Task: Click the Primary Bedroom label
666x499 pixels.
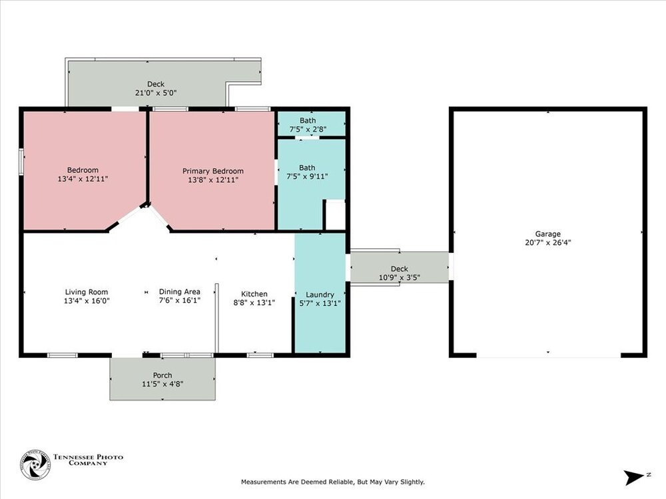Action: (213, 171)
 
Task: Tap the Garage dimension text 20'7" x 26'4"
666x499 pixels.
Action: (548, 243)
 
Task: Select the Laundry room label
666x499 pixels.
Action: (320, 295)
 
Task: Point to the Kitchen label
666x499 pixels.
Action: (254, 293)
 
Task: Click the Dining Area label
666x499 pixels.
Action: (179, 291)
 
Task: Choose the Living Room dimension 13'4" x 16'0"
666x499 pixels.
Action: (87, 301)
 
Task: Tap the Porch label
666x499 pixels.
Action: (163, 375)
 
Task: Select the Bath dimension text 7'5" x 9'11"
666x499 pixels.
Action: (307, 176)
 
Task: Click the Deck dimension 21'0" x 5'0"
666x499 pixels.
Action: (156, 93)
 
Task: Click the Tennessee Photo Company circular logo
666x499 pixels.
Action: (35, 465)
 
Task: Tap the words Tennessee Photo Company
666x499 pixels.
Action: (88, 460)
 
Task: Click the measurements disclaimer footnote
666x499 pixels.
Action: (332, 482)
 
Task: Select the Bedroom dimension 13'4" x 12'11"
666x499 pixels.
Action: (83, 179)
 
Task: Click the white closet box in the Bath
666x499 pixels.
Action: (335, 215)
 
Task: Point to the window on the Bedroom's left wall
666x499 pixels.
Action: (21, 161)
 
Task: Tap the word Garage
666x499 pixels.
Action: (548, 234)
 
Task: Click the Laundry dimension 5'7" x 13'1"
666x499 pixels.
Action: (320, 303)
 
